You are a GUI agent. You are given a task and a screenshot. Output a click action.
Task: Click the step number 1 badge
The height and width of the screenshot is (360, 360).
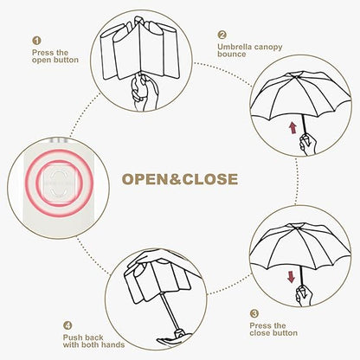click(x=36, y=41)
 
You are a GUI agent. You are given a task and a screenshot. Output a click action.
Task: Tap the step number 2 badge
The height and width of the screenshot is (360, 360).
click(x=222, y=35)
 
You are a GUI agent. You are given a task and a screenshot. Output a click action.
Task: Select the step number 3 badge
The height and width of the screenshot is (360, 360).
click(x=254, y=313)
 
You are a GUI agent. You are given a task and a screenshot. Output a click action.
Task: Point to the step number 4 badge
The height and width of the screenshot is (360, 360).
click(x=67, y=325)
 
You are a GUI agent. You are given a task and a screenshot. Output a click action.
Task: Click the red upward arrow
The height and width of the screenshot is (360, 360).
click(x=293, y=127)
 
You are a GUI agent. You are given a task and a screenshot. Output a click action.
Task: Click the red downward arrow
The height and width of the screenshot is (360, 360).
click(x=292, y=276)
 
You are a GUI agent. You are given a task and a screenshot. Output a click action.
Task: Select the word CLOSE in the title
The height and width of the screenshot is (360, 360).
click(x=210, y=179)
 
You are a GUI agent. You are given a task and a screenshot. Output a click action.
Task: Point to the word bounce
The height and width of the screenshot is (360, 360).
click(x=232, y=55)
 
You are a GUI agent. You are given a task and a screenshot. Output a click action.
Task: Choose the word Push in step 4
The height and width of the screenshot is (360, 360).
click(x=71, y=337)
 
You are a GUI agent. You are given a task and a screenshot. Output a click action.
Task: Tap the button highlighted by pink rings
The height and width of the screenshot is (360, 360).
click(x=59, y=183)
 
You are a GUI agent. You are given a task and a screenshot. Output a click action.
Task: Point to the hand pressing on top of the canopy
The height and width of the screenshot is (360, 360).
click(x=156, y=261)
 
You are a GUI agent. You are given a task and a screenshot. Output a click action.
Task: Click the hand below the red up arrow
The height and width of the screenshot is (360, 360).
click(x=307, y=144)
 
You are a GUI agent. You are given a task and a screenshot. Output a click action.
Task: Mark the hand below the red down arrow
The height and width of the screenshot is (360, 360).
click(x=304, y=296)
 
